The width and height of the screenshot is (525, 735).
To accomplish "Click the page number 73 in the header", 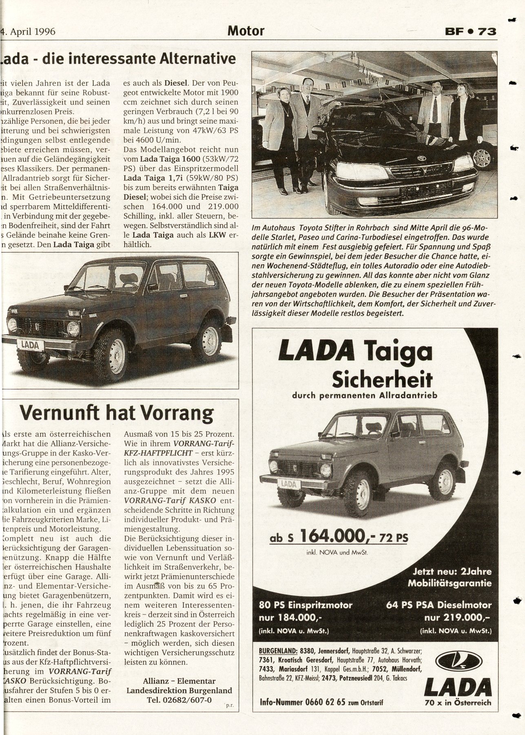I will pyautogui.click(x=487, y=31).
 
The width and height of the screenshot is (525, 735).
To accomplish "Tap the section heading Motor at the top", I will pyautogui.click(x=246, y=31).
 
